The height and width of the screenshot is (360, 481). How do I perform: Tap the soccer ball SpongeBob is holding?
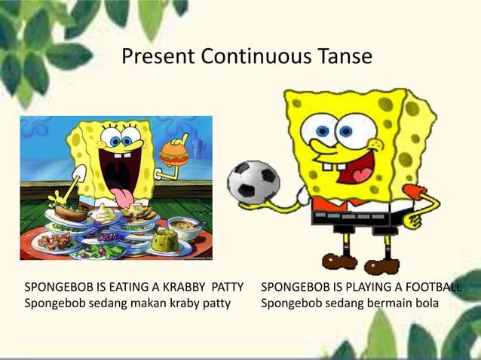pyautogui.click(x=253, y=181)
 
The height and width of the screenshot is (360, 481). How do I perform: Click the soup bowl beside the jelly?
pyautogui.click(x=182, y=226)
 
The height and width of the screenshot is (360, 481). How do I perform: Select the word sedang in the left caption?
pyautogui.click(x=100, y=304)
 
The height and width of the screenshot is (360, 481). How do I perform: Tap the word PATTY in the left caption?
pyautogui.click(x=230, y=288)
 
